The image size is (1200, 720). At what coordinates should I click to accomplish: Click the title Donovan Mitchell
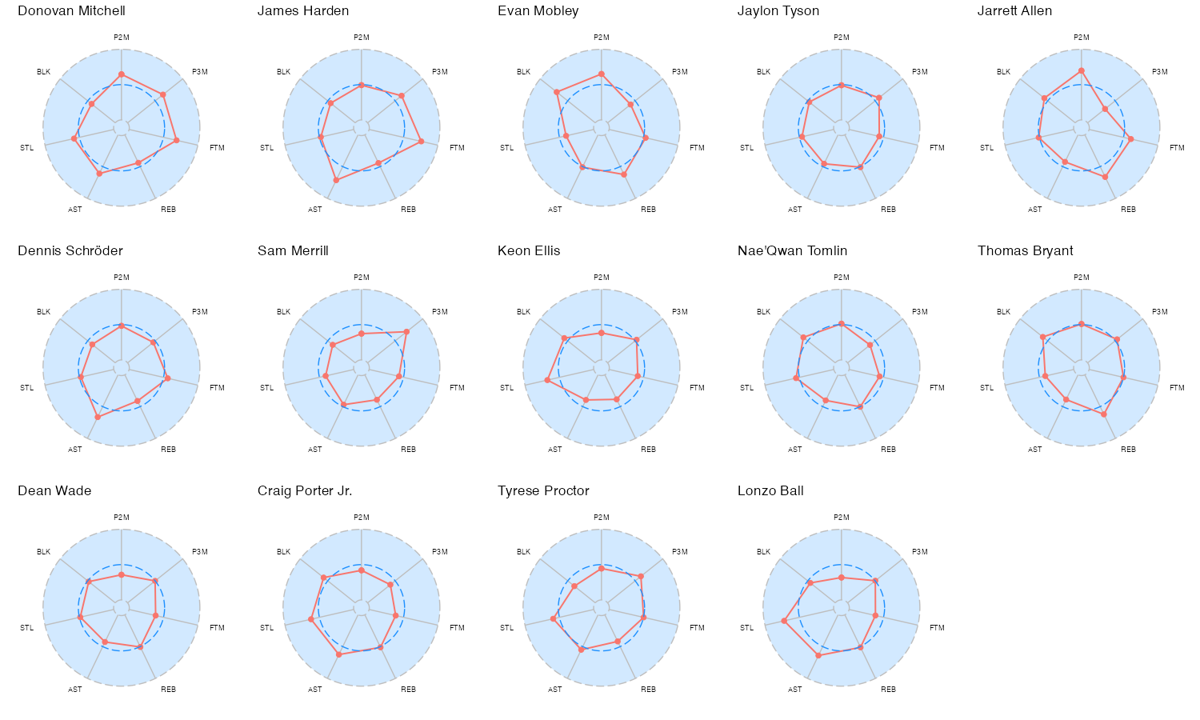coord(71,11)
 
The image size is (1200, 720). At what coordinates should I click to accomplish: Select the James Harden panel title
coord(303,11)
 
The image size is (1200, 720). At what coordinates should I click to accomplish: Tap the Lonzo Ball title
coord(770,491)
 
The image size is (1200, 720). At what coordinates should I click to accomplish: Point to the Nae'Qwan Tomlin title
coord(792,251)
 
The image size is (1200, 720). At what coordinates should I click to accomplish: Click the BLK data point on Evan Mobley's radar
coord(557,92)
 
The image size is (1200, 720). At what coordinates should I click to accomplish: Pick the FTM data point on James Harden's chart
coord(421,142)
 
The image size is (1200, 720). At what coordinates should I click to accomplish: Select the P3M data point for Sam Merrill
coord(406,332)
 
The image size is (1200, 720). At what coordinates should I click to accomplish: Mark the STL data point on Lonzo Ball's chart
coord(784,621)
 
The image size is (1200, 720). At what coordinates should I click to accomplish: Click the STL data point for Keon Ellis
coord(547,380)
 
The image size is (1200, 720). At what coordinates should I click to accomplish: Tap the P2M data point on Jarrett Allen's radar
coord(1082,71)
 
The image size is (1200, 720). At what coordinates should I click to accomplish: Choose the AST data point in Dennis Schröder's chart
coord(98,417)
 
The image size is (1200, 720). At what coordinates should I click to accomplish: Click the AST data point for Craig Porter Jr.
coord(338,654)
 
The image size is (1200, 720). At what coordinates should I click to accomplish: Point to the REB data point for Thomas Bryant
coord(1104,414)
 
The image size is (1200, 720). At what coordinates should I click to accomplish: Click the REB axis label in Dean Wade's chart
coord(169,690)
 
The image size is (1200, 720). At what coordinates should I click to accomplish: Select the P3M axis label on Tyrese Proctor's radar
coord(680,552)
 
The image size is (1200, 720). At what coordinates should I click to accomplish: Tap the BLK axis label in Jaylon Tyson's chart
coord(763,72)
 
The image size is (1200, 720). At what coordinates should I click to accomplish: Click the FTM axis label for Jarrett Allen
coord(1177,148)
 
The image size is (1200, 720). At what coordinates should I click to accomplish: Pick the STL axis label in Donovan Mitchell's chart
coord(26,148)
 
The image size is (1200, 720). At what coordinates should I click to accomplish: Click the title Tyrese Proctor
coord(543,491)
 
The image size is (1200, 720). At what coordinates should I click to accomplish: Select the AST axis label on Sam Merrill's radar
coord(315,450)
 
